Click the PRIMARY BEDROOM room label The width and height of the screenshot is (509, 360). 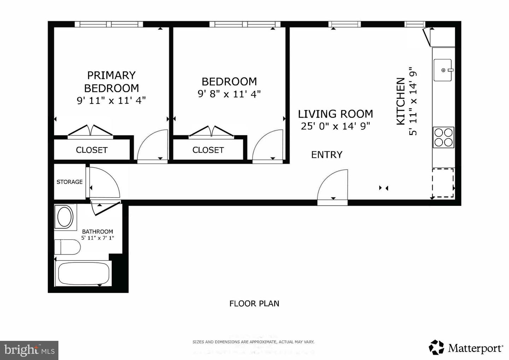pos(111,82)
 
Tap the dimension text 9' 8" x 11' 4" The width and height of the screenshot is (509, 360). pos(229,94)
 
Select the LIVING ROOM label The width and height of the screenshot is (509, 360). pos(335,114)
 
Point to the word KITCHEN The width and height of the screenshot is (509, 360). pos(400,101)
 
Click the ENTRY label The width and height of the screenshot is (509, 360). pos(327,155)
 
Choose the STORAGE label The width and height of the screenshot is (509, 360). pos(70,182)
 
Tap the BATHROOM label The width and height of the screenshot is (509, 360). pos(98,232)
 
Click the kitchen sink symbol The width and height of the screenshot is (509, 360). pos(443,70)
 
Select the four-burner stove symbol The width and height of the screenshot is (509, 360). pos(443,137)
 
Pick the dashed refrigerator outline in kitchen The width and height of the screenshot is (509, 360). pos(443,183)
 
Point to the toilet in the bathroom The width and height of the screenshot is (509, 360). pos(68,247)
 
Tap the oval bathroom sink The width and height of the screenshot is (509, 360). pos(65,217)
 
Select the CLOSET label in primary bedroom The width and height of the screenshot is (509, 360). pos(92,150)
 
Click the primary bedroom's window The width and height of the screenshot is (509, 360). pos(109,24)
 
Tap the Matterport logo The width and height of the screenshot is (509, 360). pos(466,348)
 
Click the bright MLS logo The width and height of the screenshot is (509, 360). pos(29,350)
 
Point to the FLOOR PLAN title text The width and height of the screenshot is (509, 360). pos(254,303)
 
